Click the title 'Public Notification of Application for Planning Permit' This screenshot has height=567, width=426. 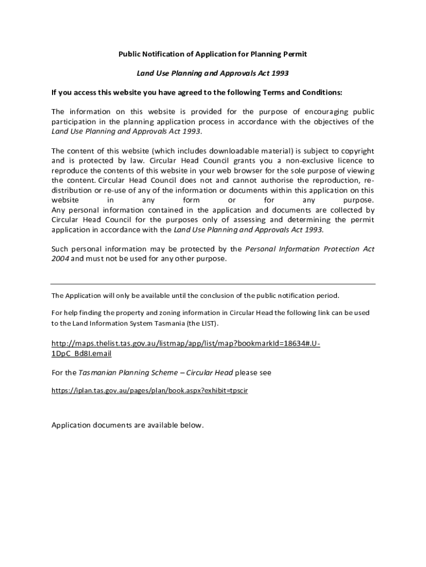click(x=213, y=54)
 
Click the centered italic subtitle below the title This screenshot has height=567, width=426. click(x=213, y=73)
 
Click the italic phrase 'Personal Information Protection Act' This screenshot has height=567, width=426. click(x=309, y=249)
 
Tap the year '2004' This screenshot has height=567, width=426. click(x=60, y=259)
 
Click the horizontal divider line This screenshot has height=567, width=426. click(x=213, y=284)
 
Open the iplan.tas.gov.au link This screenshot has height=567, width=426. click(x=149, y=390)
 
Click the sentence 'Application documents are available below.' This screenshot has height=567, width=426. click(x=128, y=425)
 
